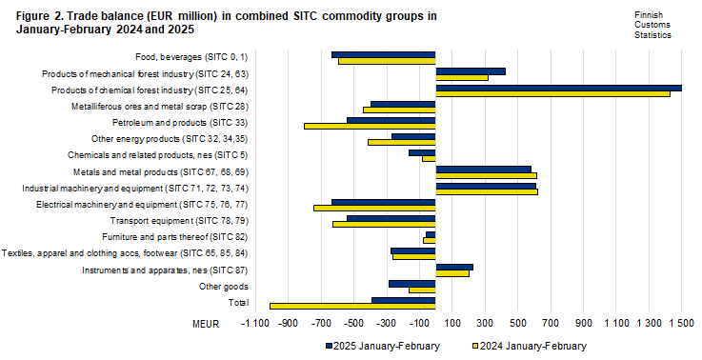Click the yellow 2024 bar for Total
click(x=352, y=307)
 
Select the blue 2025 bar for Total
click(x=403, y=300)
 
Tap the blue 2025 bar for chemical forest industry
click(x=558, y=88)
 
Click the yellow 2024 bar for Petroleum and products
click(x=370, y=126)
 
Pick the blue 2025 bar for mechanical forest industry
click(x=470, y=71)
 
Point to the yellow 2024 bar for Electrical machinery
click(x=374, y=208)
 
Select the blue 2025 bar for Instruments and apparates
click(x=453, y=268)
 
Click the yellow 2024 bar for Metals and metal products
click(x=486, y=175)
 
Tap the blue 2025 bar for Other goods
click(x=411, y=283)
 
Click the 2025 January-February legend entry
click(x=381, y=346)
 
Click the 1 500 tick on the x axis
click(x=681, y=324)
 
